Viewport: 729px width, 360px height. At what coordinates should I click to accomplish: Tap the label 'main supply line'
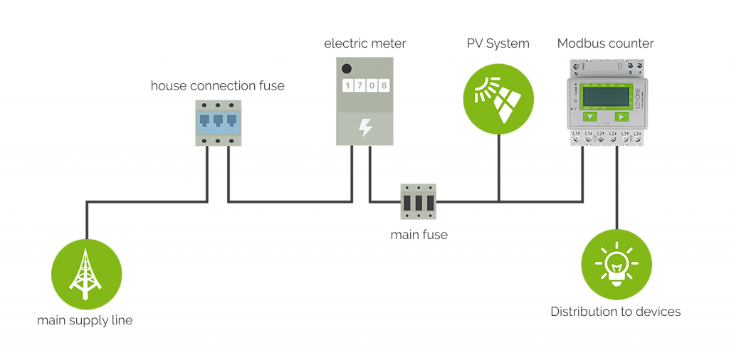85,320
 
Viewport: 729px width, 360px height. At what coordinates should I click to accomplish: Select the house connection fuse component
218,122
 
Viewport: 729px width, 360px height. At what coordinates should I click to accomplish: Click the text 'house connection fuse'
217,86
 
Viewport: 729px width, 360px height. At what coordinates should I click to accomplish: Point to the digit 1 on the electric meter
348,86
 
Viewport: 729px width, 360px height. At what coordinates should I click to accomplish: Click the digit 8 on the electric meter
384,86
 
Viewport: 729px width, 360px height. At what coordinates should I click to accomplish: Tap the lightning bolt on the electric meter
365,127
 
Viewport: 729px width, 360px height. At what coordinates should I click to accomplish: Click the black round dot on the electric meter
347,69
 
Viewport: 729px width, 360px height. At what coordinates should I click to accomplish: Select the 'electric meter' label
364,43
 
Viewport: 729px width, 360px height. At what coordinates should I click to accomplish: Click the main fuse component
419,202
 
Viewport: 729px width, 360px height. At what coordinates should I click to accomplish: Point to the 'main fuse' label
419,234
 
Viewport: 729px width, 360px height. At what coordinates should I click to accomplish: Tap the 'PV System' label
498,43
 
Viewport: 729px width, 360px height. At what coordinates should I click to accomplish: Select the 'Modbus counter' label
605,43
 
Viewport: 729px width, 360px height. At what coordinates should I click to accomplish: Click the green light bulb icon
617,264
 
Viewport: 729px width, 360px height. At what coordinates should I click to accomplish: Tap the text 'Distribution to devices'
615,312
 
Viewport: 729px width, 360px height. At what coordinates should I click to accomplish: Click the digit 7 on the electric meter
360,86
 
